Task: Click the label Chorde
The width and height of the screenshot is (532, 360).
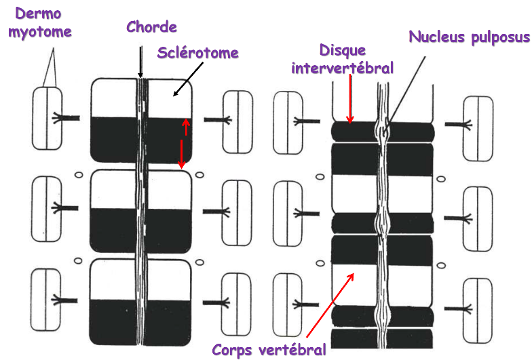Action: [x=151, y=27]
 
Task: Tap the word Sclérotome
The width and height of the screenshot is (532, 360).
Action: [x=198, y=52]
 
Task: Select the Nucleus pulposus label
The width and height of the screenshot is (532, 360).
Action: [x=469, y=37]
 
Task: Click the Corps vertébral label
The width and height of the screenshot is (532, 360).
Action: [x=269, y=349]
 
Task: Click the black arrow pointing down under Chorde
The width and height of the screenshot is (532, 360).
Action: [x=140, y=61]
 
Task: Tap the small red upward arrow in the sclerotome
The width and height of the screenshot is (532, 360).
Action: [x=183, y=126]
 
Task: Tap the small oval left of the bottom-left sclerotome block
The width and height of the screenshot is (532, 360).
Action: [x=79, y=260]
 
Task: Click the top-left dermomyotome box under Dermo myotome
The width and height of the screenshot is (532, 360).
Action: [x=46, y=118]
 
